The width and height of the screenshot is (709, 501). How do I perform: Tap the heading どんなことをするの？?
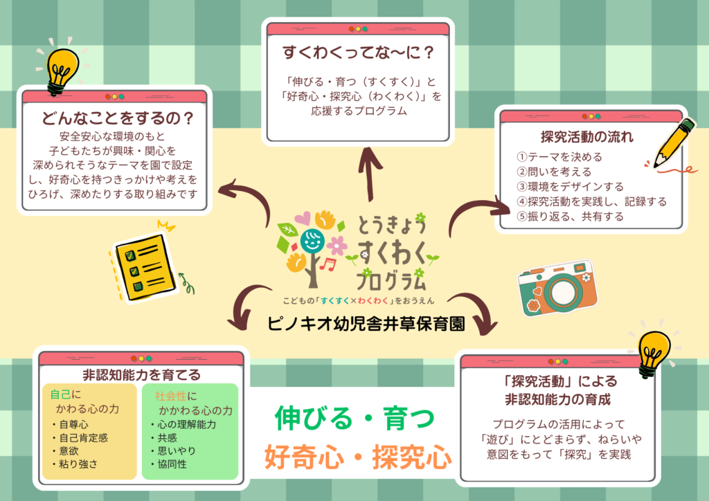(x=117, y=118)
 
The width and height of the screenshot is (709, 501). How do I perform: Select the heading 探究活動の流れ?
(x=586, y=136)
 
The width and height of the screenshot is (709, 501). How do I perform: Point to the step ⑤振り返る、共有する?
(x=571, y=217)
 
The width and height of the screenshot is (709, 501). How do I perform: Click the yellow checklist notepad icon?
(x=143, y=266)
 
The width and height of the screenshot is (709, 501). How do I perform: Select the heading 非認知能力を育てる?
(x=141, y=375)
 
